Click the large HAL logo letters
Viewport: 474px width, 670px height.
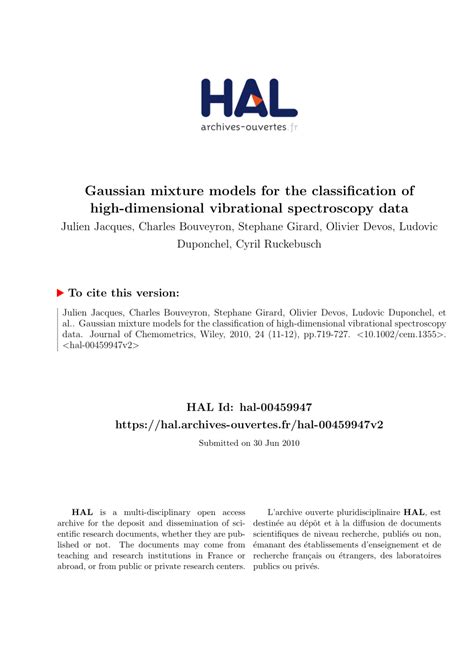248,98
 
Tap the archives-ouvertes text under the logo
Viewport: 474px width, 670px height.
242,128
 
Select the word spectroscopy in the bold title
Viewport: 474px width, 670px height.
327,208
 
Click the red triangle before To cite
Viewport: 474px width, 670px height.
61,293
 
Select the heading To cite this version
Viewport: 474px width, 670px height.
126,293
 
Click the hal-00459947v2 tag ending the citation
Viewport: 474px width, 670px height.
100,347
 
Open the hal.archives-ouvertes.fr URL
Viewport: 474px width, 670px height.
250,424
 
